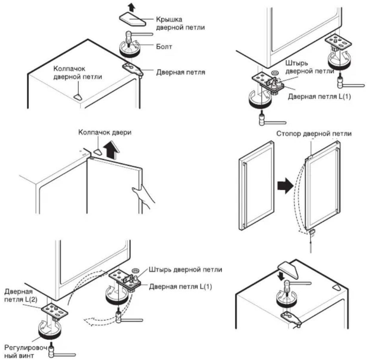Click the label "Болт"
pyautogui.click(x=164, y=47)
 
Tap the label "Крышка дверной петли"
pyautogui.click(x=180, y=23)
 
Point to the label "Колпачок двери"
pyautogui.click(x=105, y=132)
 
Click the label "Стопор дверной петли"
pyautogui.click(x=314, y=134)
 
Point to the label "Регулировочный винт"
pyautogui.click(x=26, y=351)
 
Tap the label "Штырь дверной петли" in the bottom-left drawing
pyautogui.click(x=185, y=270)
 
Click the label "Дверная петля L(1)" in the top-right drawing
pyautogui.click(x=319, y=97)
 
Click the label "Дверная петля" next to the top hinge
pyautogui.click(x=181, y=72)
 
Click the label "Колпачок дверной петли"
pyautogui.click(x=78, y=73)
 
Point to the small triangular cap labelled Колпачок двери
pyautogui.click(x=98, y=152)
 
